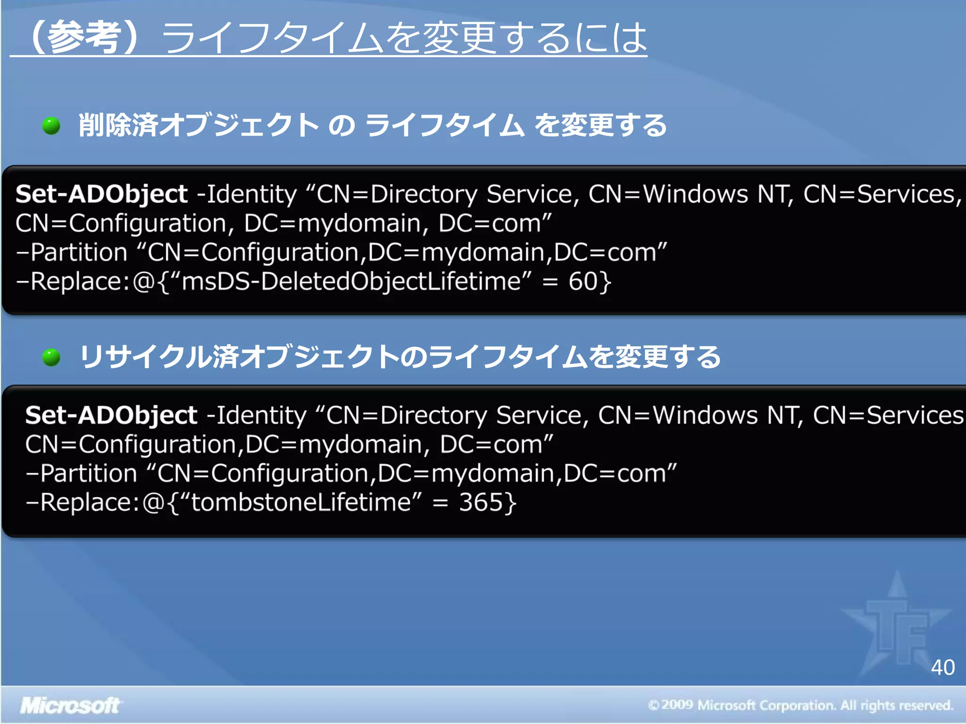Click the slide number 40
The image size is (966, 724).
coord(942,667)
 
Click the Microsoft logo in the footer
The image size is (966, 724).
coord(70,706)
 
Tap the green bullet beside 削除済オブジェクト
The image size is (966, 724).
coord(51,126)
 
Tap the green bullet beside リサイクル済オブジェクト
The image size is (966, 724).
coord(51,358)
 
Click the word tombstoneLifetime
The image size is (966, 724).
coord(301,502)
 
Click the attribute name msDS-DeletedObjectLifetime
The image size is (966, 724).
coord(351,281)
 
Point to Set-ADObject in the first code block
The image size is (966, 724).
coord(101,194)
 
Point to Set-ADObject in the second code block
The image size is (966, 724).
coord(111,415)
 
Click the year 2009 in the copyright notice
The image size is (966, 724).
coord(677,705)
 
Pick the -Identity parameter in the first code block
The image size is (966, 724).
coord(247,194)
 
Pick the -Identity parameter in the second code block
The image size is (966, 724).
coord(257,415)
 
